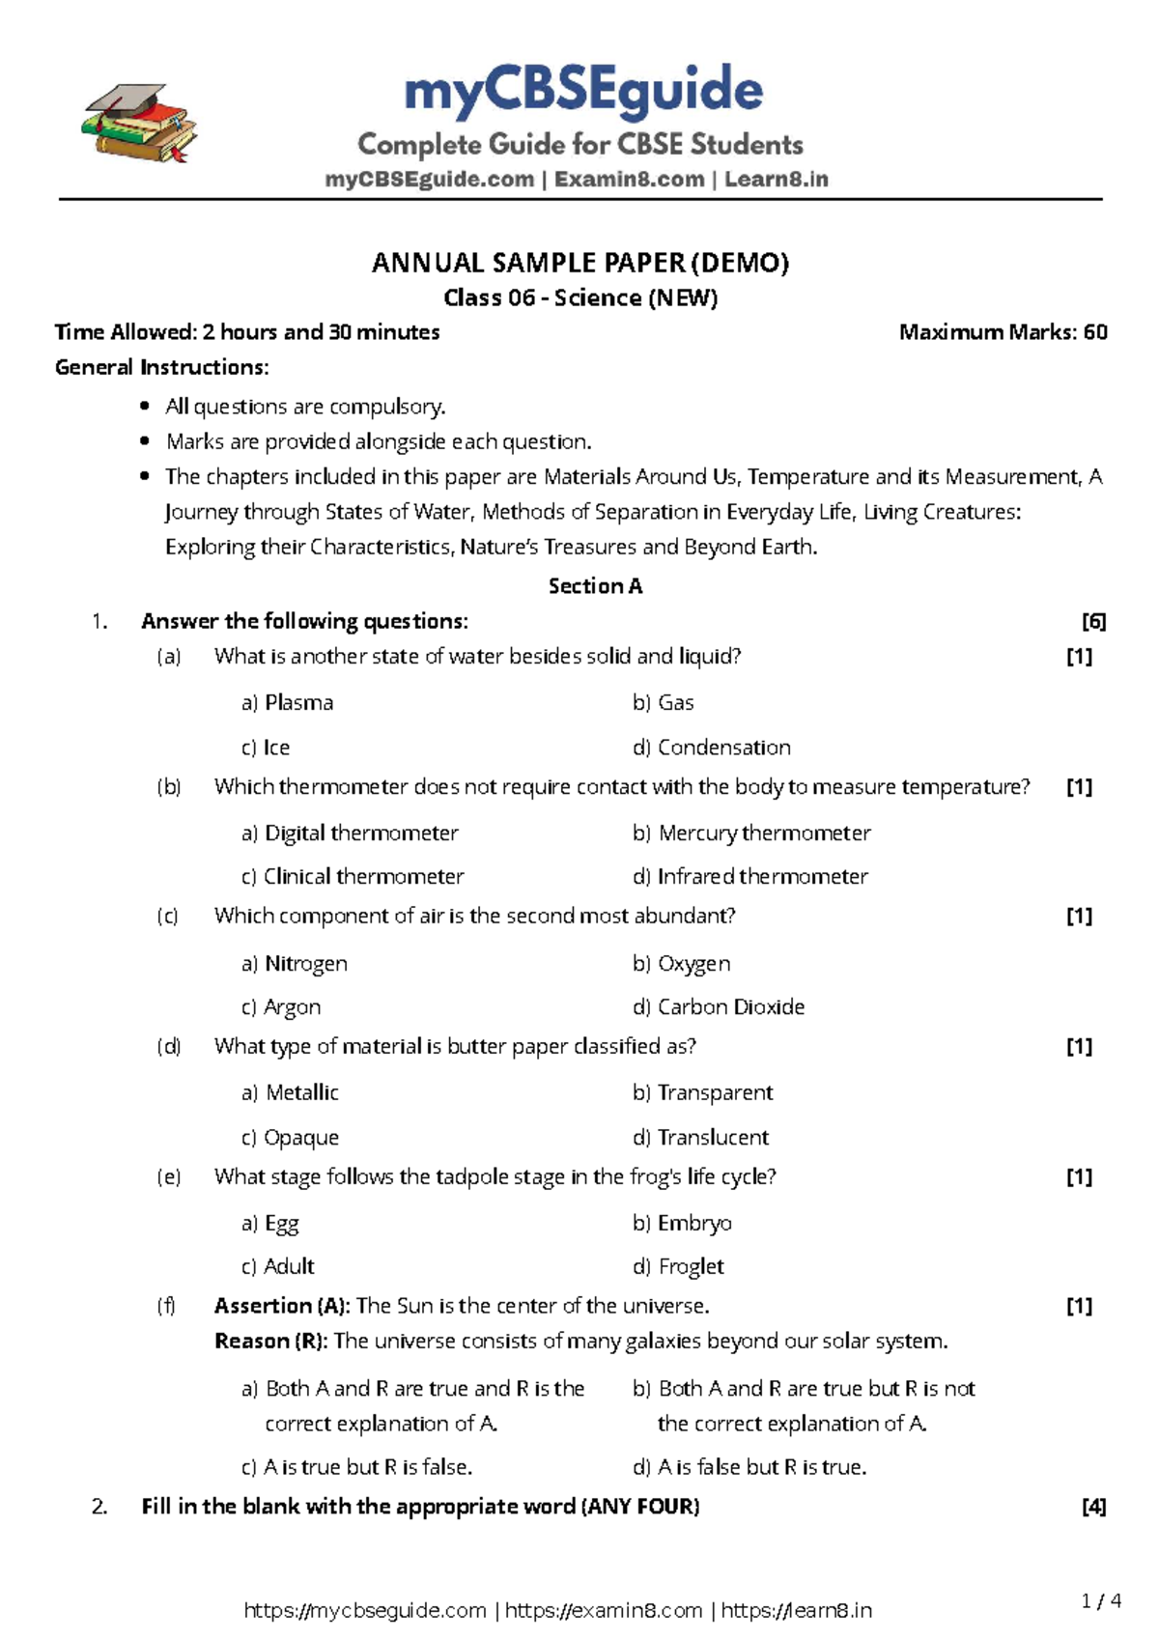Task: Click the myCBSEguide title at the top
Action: pyautogui.click(x=583, y=92)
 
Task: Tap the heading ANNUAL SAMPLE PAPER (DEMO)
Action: pyautogui.click(x=580, y=263)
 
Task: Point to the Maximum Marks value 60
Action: pyautogui.click(x=1095, y=332)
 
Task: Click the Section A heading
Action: pyautogui.click(x=595, y=586)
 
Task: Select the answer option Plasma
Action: pyautogui.click(x=298, y=703)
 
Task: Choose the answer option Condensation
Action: pyautogui.click(x=723, y=748)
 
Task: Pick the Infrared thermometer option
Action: pyautogui.click(x=762, y=877)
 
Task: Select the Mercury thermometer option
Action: pyautogui.click(x=764, y=834)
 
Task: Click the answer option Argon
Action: pyautogui.click(x=292, y=1007)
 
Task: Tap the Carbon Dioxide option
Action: pyautogui.click(x=730, y=1007)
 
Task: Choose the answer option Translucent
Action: pyautogui.click(x=713, y=1138)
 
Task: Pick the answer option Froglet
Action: pyautogui.click(x=691, y=1267)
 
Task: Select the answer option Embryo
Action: pyautogui.click(x=694, y=1224)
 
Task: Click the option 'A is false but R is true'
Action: pyautogui.click(x=761, y=1467)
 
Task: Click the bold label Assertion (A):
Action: pyautogui.click(x=282, y=1307)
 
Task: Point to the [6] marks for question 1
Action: pyautogui.click(x=1093, y=622)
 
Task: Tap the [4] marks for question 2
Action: pyautogui.click(x=1093, y=1507)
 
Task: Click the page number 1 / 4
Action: pyautogui.click(x=1101, y=1601)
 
